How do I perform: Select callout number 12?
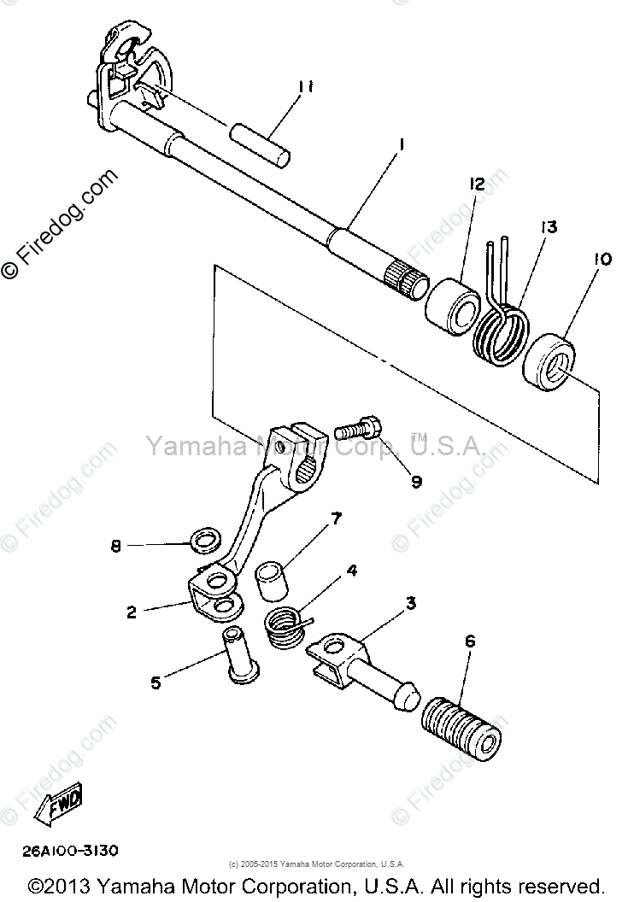coord(476,184)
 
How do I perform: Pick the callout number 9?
coord(416,482)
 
